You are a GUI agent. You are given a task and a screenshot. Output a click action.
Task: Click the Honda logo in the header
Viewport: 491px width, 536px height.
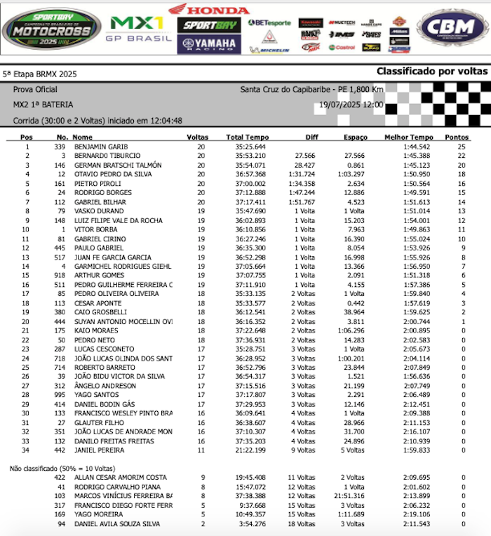click(x=208, y=9)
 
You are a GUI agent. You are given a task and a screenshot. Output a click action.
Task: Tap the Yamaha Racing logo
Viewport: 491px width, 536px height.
click(x=208, y=43)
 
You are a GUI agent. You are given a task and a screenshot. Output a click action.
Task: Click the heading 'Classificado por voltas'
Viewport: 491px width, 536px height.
click(x=431, y=72)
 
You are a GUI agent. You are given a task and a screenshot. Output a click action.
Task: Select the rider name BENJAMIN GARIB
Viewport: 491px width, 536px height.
click(x=100, y=147)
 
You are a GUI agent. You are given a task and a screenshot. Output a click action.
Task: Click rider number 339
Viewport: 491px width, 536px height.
click(x=60, y=147)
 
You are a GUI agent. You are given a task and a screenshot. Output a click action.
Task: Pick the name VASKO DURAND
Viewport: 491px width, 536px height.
click(x=99, y=210)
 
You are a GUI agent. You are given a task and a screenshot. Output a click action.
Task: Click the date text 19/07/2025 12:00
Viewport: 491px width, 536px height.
click(x=351, y=105)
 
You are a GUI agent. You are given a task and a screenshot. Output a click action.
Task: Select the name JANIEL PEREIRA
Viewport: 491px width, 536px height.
click(x=99, y=449)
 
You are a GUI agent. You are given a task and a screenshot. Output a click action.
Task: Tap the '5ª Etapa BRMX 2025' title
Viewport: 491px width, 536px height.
click(x=40, y=74)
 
